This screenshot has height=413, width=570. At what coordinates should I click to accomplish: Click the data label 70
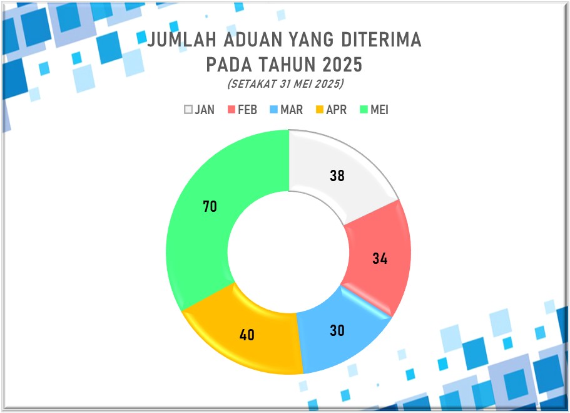tap(210, 207)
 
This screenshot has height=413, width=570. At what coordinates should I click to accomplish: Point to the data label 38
tap(337, 175)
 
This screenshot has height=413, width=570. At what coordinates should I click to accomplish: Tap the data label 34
tap(380, 258)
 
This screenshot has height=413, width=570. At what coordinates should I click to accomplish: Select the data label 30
tap(337, 330)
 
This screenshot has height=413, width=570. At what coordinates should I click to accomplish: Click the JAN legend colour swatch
tap(188, 109)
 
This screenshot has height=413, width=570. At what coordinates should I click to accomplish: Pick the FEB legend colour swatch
tap(232, 109)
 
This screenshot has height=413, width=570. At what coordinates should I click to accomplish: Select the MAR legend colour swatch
tap(273, 109)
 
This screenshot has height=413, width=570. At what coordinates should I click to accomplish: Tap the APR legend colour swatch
tap(320, 109)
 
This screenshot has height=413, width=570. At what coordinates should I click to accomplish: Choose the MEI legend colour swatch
tap(364, 109)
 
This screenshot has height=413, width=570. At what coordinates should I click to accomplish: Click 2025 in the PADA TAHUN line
tap(342, 65)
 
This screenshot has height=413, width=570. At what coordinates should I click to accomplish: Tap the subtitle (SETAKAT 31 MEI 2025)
tap(285, 84)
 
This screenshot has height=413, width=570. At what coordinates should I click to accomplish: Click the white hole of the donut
tap(288, 252)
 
